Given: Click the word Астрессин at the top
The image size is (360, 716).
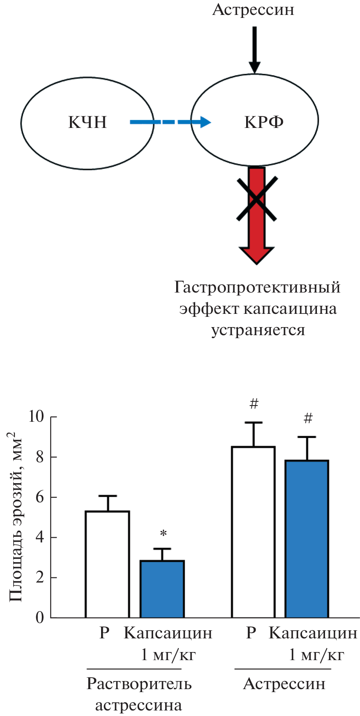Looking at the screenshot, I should click(x=253, y=9).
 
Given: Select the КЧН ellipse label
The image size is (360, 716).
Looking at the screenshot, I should click(x=87, y=122).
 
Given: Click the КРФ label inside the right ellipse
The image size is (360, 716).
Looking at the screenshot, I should click(x=264, y=122).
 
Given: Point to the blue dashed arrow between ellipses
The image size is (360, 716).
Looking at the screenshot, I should click(x=170, y=122).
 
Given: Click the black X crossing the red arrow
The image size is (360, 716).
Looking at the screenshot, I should click(x=257, y=199).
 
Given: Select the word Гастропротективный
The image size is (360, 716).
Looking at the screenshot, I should click(x=257, y=287).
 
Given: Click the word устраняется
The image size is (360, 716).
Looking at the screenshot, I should click(x=258, y=330).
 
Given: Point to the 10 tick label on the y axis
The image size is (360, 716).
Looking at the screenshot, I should click(x=37, y=416).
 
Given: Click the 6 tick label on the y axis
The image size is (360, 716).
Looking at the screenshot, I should click(x=40, y=497).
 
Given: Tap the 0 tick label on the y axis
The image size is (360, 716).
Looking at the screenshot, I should click(x=40, y=617).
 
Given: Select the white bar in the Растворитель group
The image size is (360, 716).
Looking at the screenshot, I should click(x=107, y=564).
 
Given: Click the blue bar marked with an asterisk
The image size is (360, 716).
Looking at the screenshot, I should click(x=162, y=589).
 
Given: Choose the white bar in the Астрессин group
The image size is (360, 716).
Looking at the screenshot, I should click(x=253, y=532).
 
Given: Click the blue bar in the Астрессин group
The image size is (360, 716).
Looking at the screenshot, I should click(x=307, y=539).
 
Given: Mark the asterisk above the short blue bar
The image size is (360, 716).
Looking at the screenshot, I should click(x=163, y=533).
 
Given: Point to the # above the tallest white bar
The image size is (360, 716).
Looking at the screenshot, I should click(x=254, y=403).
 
